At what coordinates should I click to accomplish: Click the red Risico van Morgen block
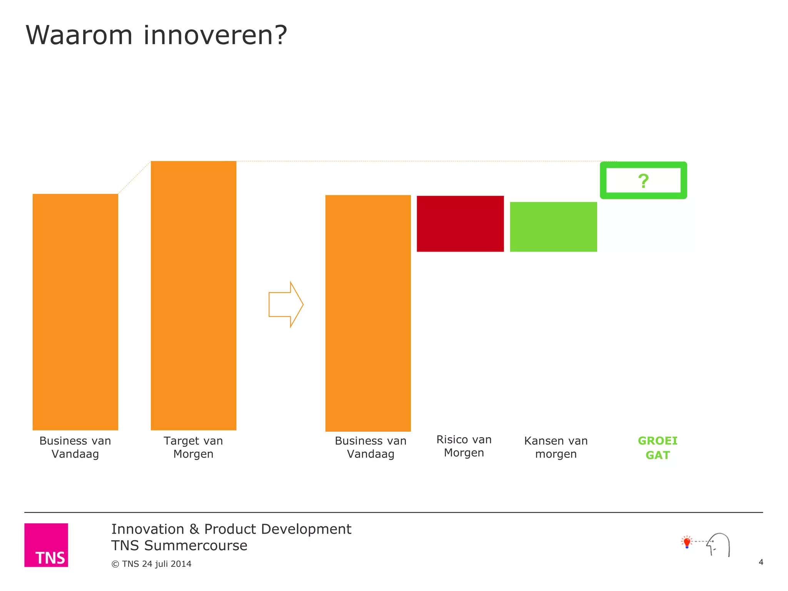460,224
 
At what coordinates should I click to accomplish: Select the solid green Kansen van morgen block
553,227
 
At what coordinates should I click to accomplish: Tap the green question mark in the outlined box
643,181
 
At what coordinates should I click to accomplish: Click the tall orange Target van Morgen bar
194,295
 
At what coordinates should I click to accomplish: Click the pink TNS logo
46,545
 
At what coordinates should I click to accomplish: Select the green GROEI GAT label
658,448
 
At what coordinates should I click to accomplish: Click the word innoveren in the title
215,35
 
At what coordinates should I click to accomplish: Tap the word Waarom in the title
79,35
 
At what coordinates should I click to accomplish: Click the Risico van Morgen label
464,446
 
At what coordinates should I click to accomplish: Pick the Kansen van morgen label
556,447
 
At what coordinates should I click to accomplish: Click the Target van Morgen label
194,447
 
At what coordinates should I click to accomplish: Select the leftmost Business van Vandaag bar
75,312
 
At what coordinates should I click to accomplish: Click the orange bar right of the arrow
368,313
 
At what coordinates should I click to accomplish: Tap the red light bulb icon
687,542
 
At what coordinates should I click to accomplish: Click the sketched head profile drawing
719,544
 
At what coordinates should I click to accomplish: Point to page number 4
761,562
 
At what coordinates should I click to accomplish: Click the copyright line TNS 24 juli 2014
152,564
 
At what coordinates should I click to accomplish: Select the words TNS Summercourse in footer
179,546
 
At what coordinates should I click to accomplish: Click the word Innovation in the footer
148,529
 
